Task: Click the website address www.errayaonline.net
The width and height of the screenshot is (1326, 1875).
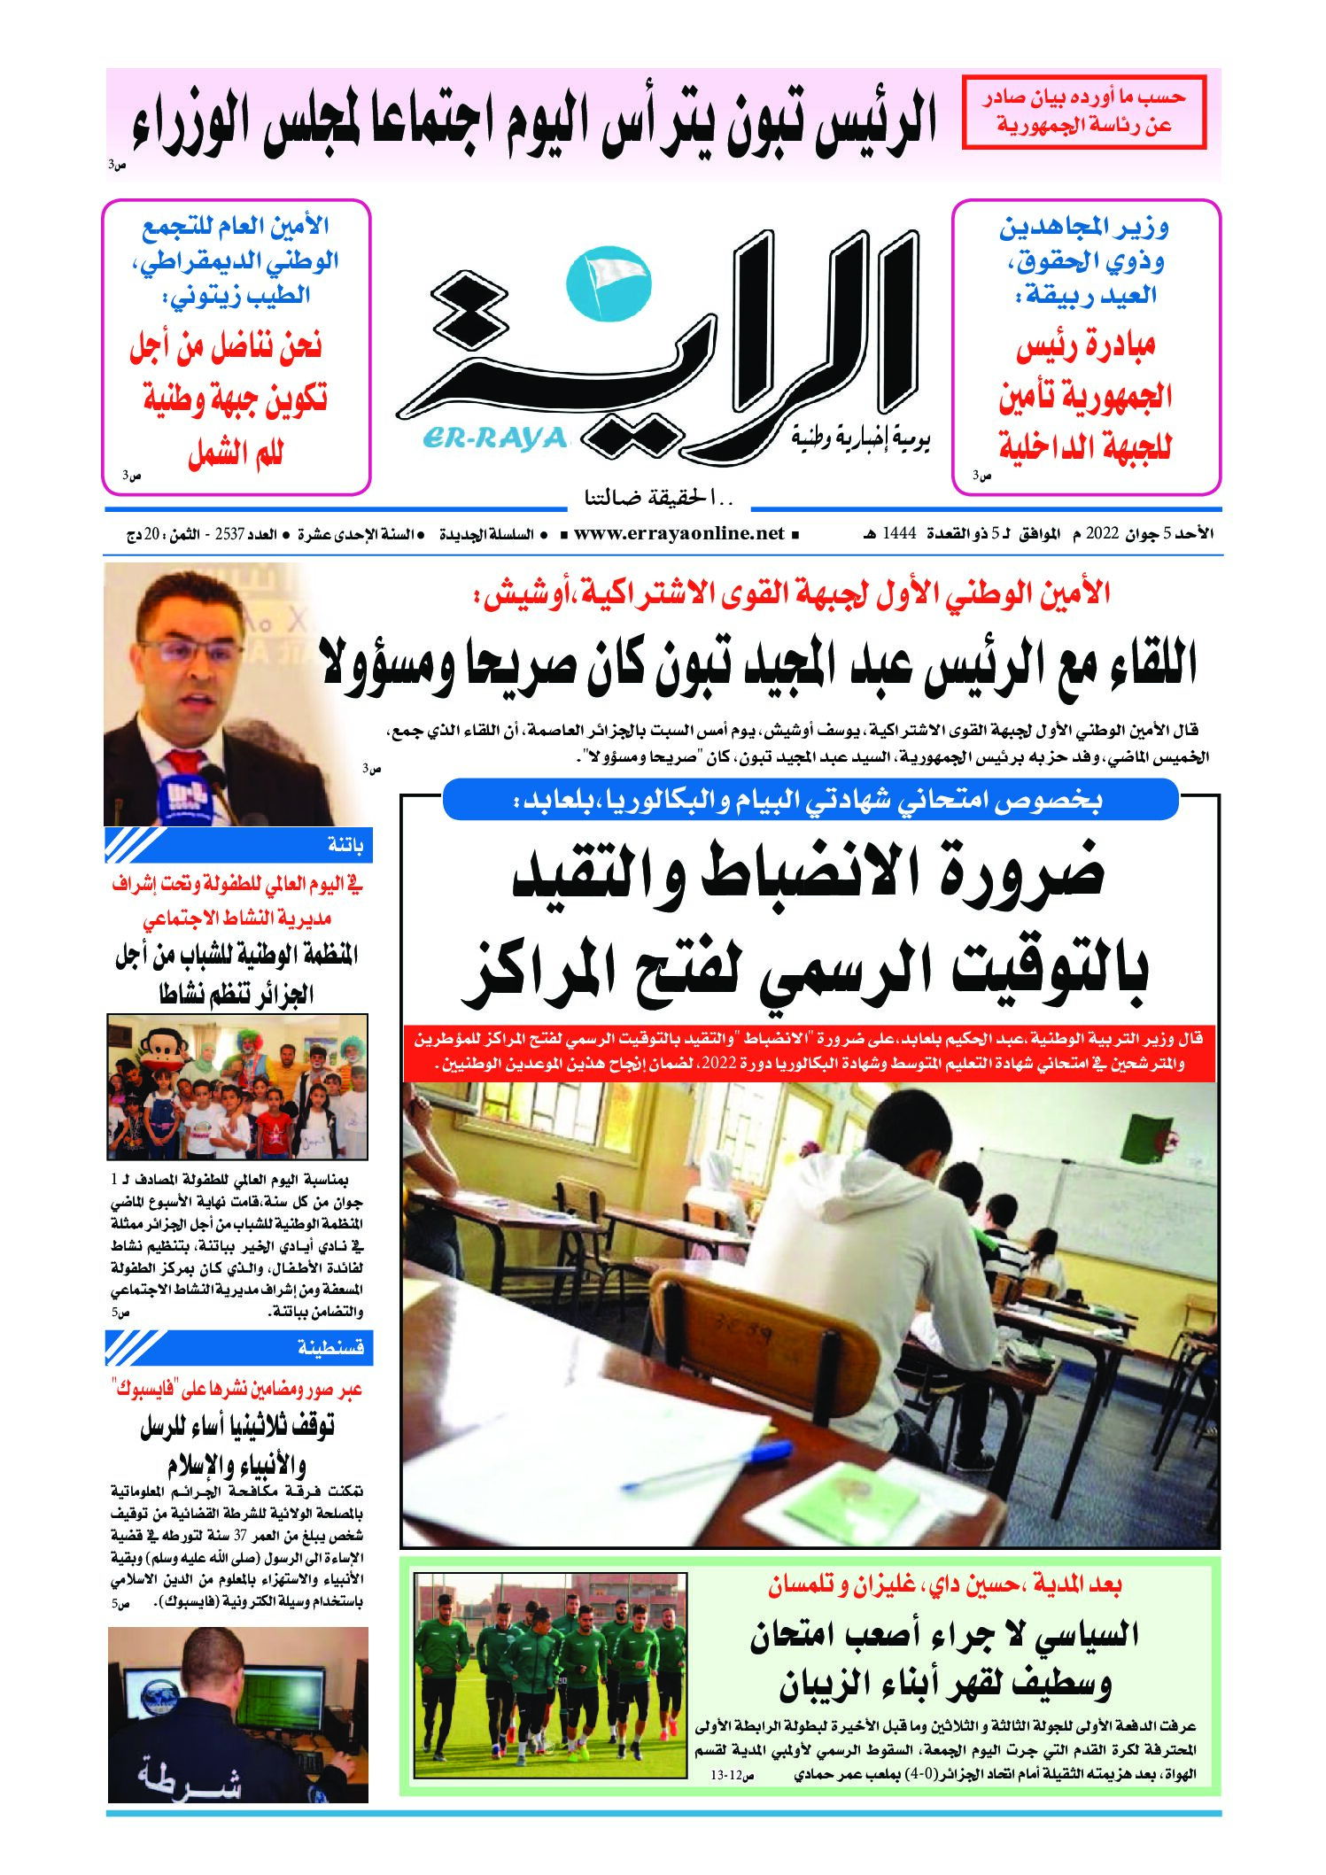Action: pos(679,534)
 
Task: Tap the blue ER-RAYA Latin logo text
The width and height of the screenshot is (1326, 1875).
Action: pos(494,438)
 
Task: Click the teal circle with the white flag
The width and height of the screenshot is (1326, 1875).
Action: pos(608,284)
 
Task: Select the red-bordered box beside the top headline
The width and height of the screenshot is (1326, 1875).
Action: pos(1083,111)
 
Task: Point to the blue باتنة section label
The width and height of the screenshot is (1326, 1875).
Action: pos(345,845)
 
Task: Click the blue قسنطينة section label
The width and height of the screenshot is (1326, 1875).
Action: pos(331,1348)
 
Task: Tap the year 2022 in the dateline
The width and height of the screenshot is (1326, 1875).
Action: pos(1104,534)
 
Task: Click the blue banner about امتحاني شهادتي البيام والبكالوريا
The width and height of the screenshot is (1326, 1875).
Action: pos(810,801)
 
